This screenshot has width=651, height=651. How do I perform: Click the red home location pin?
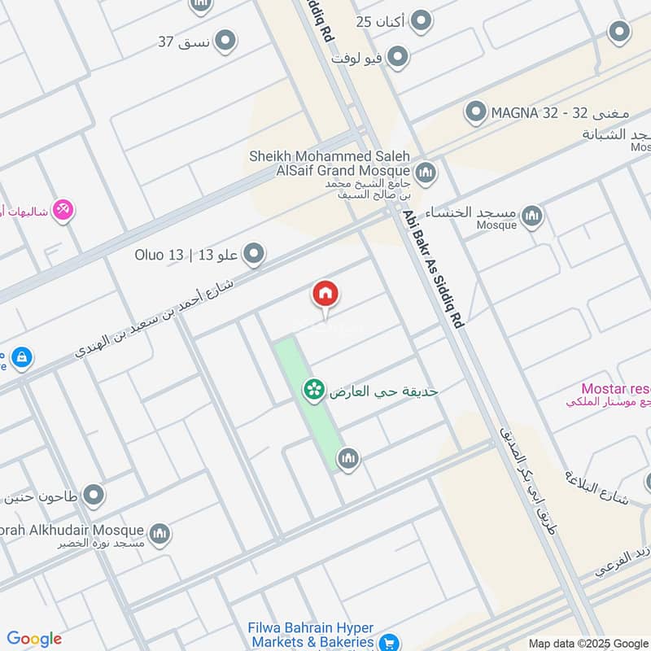(x=325, y=295)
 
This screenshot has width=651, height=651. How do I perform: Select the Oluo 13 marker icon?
(x=255, y=254)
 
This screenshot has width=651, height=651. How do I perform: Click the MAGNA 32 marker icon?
(x=475, y=111)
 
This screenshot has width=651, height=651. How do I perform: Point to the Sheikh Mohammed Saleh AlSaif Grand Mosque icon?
(x=425, y=173)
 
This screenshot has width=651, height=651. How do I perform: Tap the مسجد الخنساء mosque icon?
(x=532, y=216)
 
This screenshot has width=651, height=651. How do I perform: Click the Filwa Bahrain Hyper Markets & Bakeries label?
(x=312, y=636)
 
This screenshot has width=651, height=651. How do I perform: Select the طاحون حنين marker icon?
(x=94, y=494)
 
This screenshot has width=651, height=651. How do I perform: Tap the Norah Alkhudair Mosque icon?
(x=160, y=533)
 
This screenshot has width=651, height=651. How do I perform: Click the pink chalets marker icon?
(x=63, y=212)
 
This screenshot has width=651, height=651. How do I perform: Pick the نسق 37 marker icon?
(x=225, y=40)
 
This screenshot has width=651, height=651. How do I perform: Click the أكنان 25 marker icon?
(x=421, y=20)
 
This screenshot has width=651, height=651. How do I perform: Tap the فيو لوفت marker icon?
(x=398, y=57)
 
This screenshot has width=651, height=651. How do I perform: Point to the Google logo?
(x=34, y=639)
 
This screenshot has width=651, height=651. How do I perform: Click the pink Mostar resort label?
(x=614, y=389)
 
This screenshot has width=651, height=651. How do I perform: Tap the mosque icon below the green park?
(x=348, y=459)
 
